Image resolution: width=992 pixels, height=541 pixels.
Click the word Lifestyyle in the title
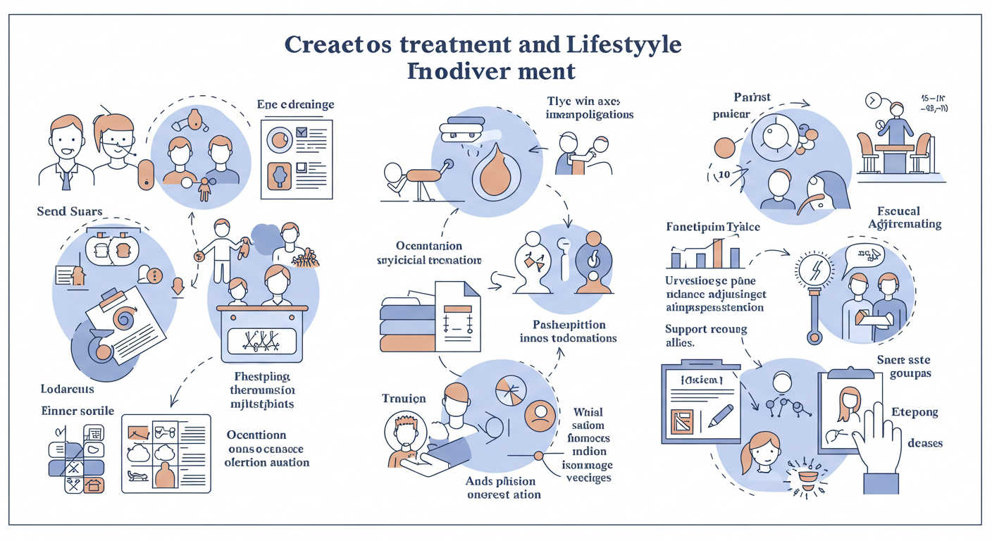(x=624, y=44)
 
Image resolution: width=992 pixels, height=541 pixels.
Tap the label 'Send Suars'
(x=70, y=211)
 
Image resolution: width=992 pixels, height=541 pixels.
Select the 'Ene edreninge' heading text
(x=295, y=105)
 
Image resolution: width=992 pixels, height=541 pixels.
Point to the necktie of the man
(x=66, y=180)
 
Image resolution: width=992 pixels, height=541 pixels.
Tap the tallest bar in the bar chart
(x=717, y=253)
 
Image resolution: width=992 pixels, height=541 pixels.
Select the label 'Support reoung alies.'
(x=705, y=336)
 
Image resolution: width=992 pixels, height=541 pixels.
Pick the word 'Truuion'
(x=404, y=399)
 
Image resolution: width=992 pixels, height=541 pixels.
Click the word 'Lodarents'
(x=68, y=389)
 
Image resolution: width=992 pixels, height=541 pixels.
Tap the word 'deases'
(x=925, y=443)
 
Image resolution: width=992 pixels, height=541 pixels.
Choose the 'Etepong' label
(x=914, y=412)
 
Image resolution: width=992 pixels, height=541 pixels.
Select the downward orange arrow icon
(x=178, y=286)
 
